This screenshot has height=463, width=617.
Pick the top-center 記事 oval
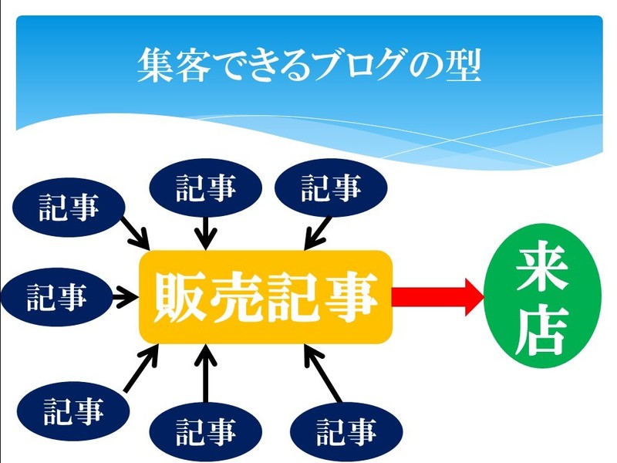click(204, 188)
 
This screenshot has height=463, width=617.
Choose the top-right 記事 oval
click(330, 188)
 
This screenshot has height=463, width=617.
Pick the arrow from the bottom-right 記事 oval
click(322, 375)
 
